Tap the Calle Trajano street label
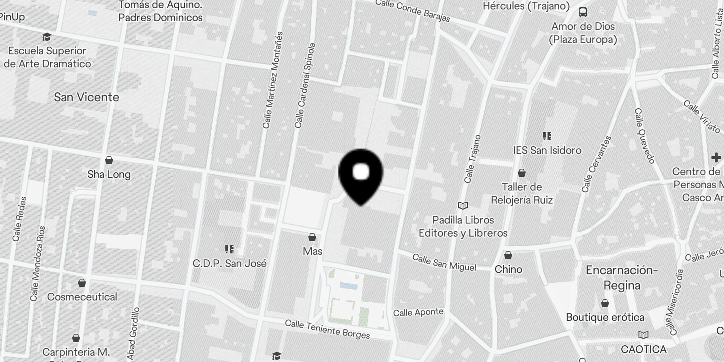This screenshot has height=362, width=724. pyautogui.click(x=473, y=159)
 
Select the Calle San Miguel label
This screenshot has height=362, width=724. pyautogui.click(x=444, y=262)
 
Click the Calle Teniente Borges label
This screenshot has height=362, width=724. pyautogui.click(x=327, y=329)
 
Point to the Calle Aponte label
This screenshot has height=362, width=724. pyautogui.click(x=418, y=312)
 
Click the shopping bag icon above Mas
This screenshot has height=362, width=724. pyautogui.click(x=312, y=237)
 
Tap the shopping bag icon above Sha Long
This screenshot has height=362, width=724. pyautogui.click(x=109, y=160)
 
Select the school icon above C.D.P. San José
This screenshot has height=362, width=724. pyautogui.click(x=229, y=249)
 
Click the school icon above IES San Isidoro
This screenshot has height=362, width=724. pyautogui.click(x=547, y=136)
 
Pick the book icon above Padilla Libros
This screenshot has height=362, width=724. pyautogui.click(x=462, y=206)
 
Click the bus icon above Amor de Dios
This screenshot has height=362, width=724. pyautogui.click(x=583, y=12)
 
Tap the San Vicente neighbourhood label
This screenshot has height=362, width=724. pyautogui.click(x=86, y=97)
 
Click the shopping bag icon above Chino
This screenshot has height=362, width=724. pyautogui.click(x=508, y=256)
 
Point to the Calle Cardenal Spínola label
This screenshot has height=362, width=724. pyautogui.click(x=304, y=86)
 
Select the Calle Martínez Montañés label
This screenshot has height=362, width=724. pyautogui.click(x=272, y=80)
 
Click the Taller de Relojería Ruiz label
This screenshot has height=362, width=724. pyautogui.click(x=522, y=193)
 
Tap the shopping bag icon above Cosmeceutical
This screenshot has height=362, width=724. pyautogui.click(x=82, y=283)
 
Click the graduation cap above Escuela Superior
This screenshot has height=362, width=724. pyautogui.click(x=47, y=37)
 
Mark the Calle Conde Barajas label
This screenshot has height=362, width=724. pyautogui.click(x=413, y=10)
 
